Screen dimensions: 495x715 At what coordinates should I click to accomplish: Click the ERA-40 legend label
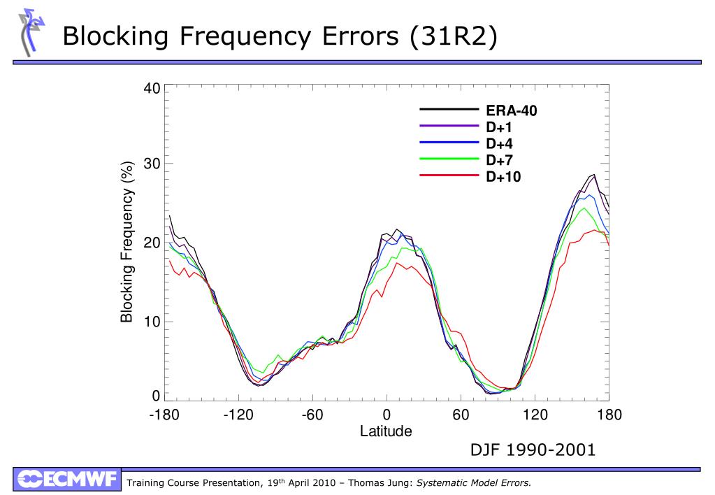[x=512, y=110]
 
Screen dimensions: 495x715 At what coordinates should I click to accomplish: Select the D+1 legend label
[x=500, y=127]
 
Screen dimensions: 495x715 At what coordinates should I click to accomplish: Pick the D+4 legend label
[x=500, y=144]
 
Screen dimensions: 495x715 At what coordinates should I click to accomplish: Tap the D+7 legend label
[x=500, y=160]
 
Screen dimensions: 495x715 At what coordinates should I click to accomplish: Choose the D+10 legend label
[x=503, y=177]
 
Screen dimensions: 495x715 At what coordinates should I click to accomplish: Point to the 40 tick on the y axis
[x=152, y=89]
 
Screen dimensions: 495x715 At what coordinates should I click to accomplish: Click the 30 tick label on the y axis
[x=152, y=164]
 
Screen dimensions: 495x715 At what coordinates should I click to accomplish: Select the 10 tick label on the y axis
[x=152, y=322]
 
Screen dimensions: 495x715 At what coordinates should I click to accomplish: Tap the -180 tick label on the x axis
[x=164, y=415]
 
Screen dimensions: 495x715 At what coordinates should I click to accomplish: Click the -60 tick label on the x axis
[x=312, y=415]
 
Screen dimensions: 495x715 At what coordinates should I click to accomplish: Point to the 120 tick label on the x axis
[x=535, y=415]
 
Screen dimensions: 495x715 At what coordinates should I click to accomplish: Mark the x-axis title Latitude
[x=386, y=431]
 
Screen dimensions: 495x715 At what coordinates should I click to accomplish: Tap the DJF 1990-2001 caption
[x=533, y=450]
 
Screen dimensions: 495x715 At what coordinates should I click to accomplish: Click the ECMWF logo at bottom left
[x=67, y=480]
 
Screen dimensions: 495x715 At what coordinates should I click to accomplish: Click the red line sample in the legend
[x=448, y=176]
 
